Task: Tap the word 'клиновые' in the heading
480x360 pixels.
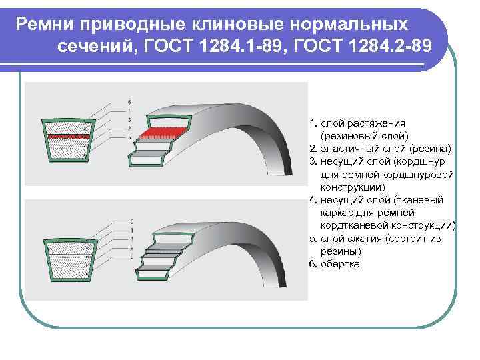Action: click(251, 25)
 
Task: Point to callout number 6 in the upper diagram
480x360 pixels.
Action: click(129, 101)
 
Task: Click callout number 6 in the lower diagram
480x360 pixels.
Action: click(131, 221)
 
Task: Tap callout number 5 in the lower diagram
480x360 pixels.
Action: click(131, 256)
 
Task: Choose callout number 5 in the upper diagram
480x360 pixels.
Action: click(129, 136)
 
